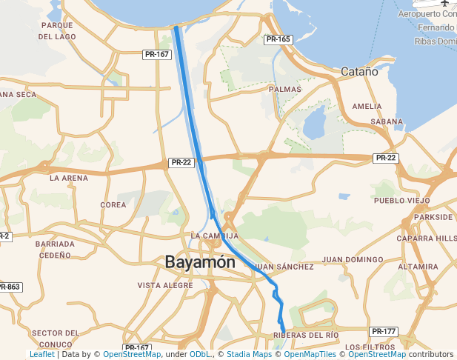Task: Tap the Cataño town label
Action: pyautogui.click(x=359, y=72)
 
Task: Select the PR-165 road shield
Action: pyautogui.click(x=278, y=39)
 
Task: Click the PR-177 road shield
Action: pyautogui.click(x=384, y=331)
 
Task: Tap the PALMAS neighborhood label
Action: pyautogui.click(x=285, y=89)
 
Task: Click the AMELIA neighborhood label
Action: pyautogui.click(x=367, y=106)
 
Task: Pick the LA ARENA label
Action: pyautogui.click(x=69, y=179)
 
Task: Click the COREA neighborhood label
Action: pyautogui.click(x=113, y=204)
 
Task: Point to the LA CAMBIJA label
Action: pyautogui.click(x=214, y=236)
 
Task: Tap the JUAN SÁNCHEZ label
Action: pyautogui.click(x=285, y=267)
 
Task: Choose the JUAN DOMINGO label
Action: pyautogui.click(x=352, y=259)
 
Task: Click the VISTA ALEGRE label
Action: pyautogui.click(x=165, y=285)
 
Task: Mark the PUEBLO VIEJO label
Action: pyautogui.click(x=401, y=201)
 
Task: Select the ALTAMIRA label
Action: pyautogui.click(x=418, y=267)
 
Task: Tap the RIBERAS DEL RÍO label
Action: pyautogui.click(x=307, y=336)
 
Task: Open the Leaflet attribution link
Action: pyautogui.click(x=41, y=355)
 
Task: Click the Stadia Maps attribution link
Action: pyautogui.click(x=249, y=355)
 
